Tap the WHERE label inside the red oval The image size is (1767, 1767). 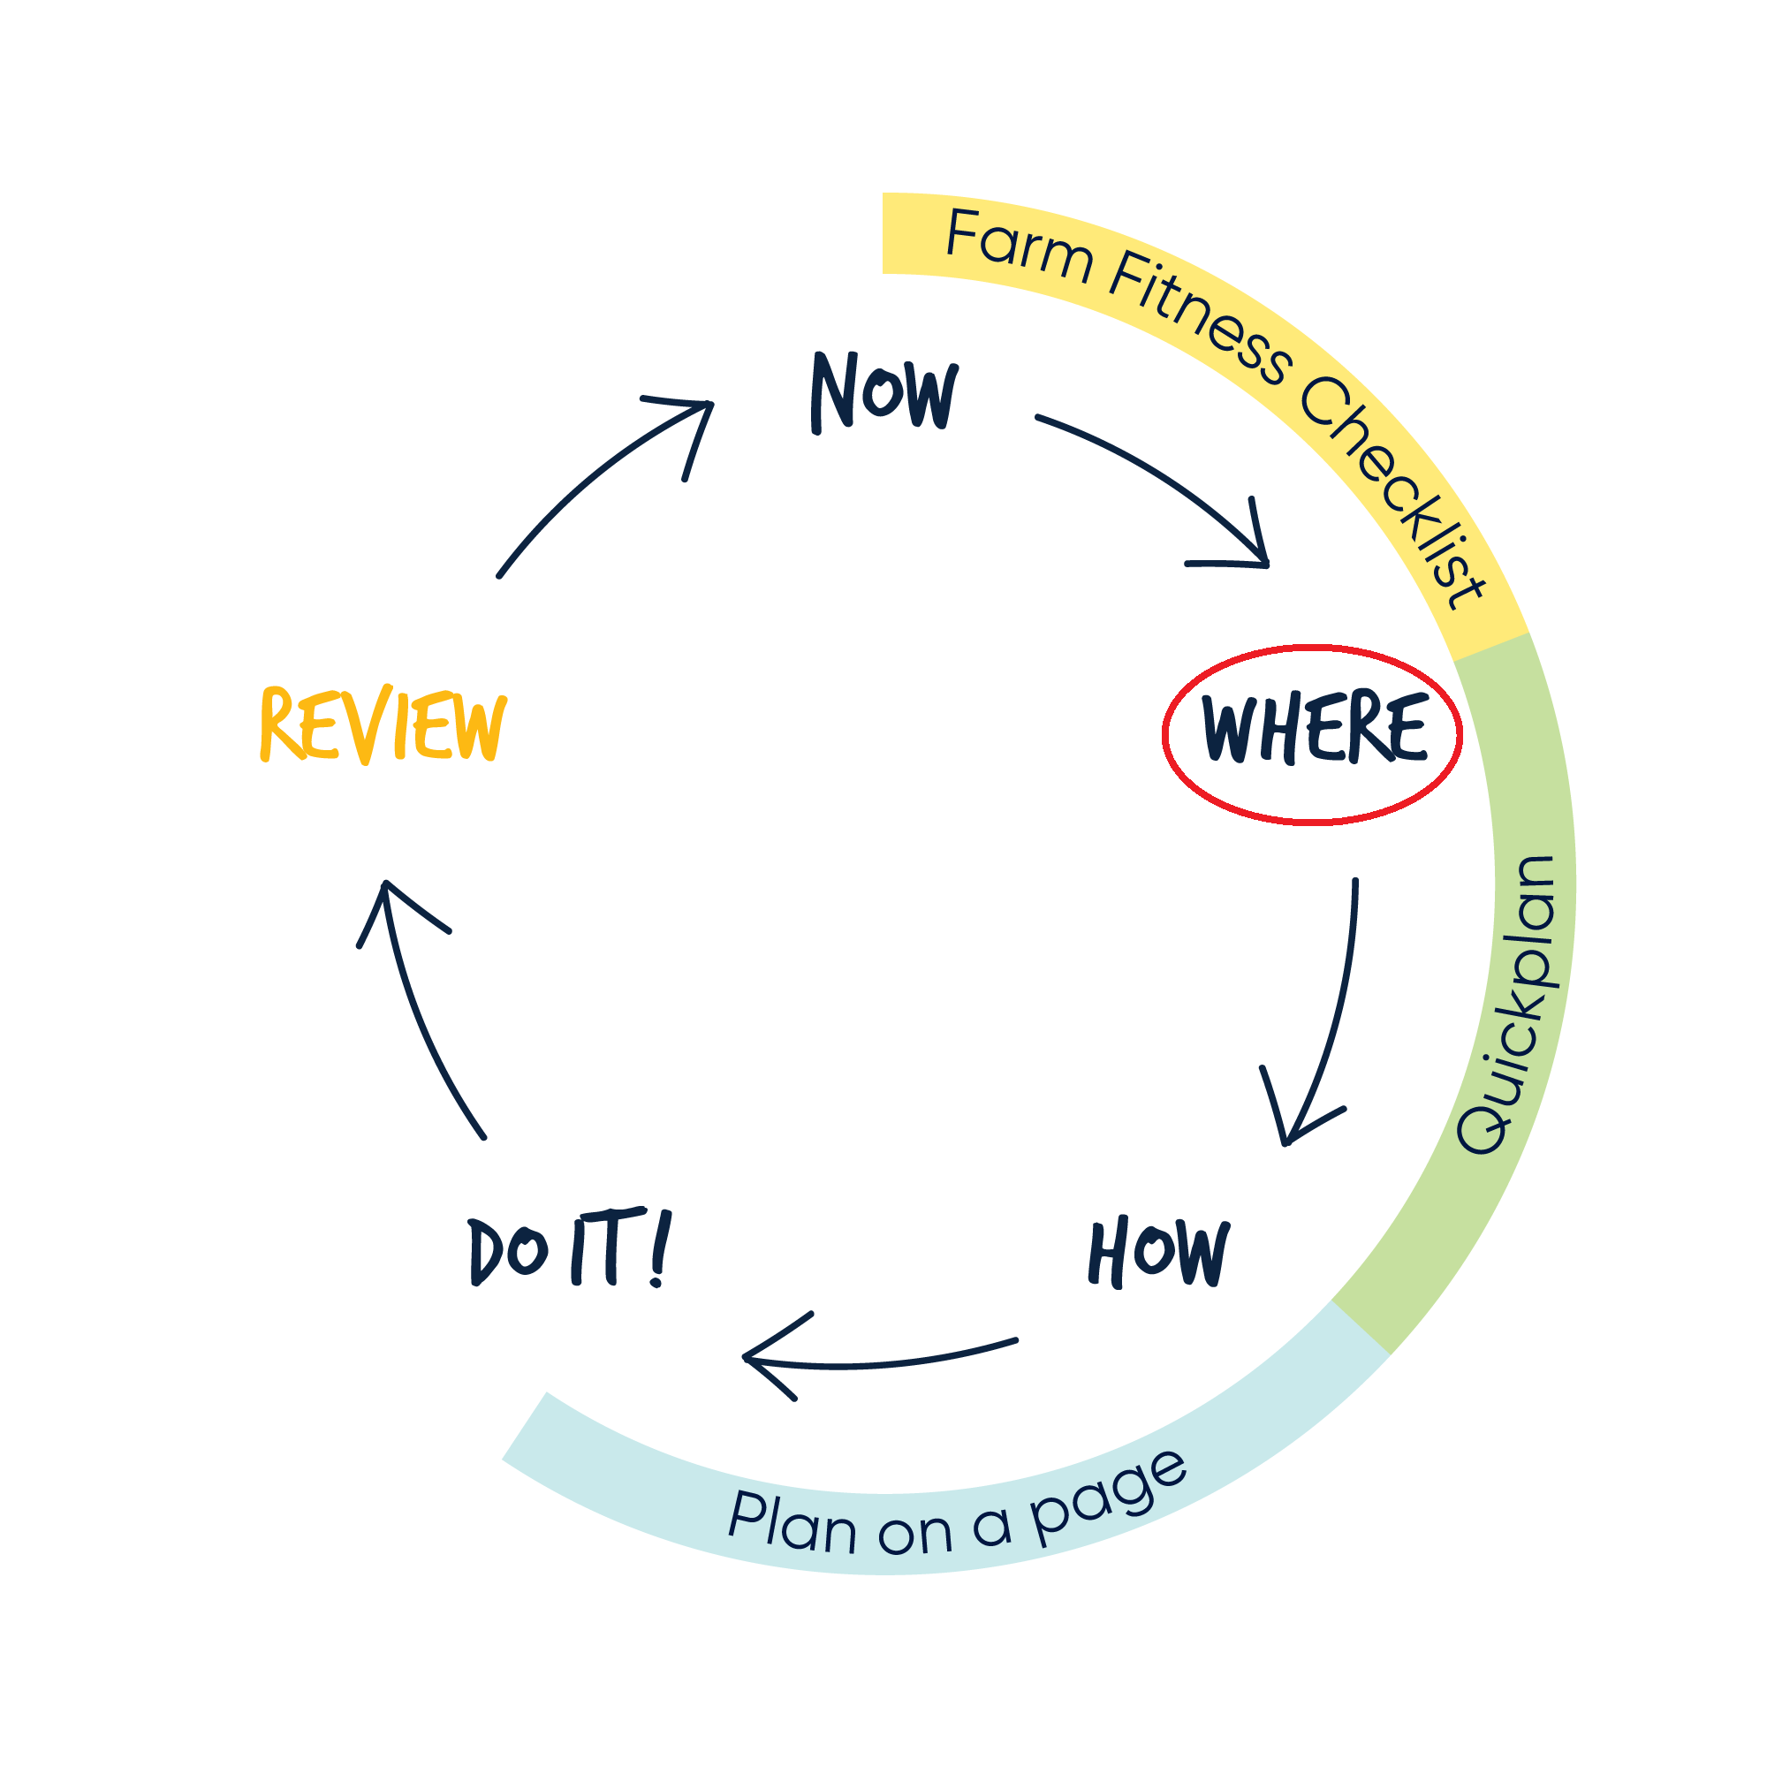pyautogui.click(x=1314, y=728)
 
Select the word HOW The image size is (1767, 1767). pyautogui.click(x=1159, y=1252)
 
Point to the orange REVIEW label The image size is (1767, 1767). pyautogui.click(x=383, y=724)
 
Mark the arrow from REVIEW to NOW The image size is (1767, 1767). pyautogui.click(x=595, y=475)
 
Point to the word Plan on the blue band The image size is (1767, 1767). pyautogui.click(x=792, y=1523)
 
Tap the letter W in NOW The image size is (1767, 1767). pyautogui.click(x=931, y=395)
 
